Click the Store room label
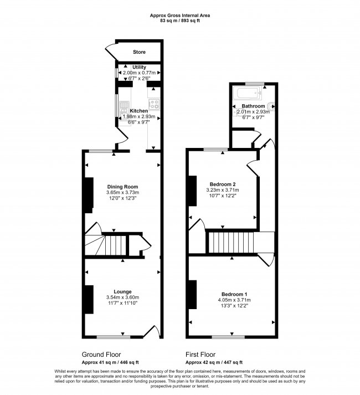pos(139,53)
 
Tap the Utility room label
pos(139,67)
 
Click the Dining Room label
pos(122,186)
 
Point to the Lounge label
pos(122,291)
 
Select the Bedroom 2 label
pos(223,184)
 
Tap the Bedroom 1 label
pos(234,294)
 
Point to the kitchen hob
pos(154,104)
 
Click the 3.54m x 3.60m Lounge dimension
pos(122,297)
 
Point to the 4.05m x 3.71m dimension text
pos(234,300)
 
